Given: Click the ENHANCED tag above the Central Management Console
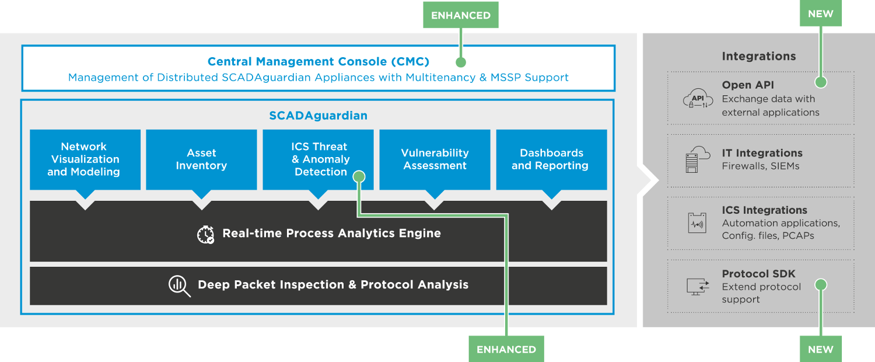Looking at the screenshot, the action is [461, 15].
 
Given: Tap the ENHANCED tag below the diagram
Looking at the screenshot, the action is [506, 349].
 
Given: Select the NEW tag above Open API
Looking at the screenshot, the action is [820, 13].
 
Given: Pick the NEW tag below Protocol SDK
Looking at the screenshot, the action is [820, 349].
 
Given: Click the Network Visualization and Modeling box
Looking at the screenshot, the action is [85, 159].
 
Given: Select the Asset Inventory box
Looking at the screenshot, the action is [202, 159].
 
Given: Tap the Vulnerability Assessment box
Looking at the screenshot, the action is [435, 159].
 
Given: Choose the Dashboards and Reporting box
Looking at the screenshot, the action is [552, 159].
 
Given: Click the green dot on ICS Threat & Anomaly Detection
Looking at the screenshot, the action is [359, 177].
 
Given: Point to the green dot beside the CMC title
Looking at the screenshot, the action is [461, 62].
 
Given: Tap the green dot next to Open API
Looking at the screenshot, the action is [821, 82].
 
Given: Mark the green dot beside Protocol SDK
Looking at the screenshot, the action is [821, 284].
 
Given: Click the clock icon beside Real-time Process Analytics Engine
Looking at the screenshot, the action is [205, 235].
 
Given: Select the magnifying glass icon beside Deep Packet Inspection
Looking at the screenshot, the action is [179, 286].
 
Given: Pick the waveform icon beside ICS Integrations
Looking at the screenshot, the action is [697, 223].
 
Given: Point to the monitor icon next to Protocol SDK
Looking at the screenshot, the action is [698, 287].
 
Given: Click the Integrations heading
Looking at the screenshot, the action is [758, 56].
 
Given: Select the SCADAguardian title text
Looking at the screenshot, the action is [318, 116].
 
